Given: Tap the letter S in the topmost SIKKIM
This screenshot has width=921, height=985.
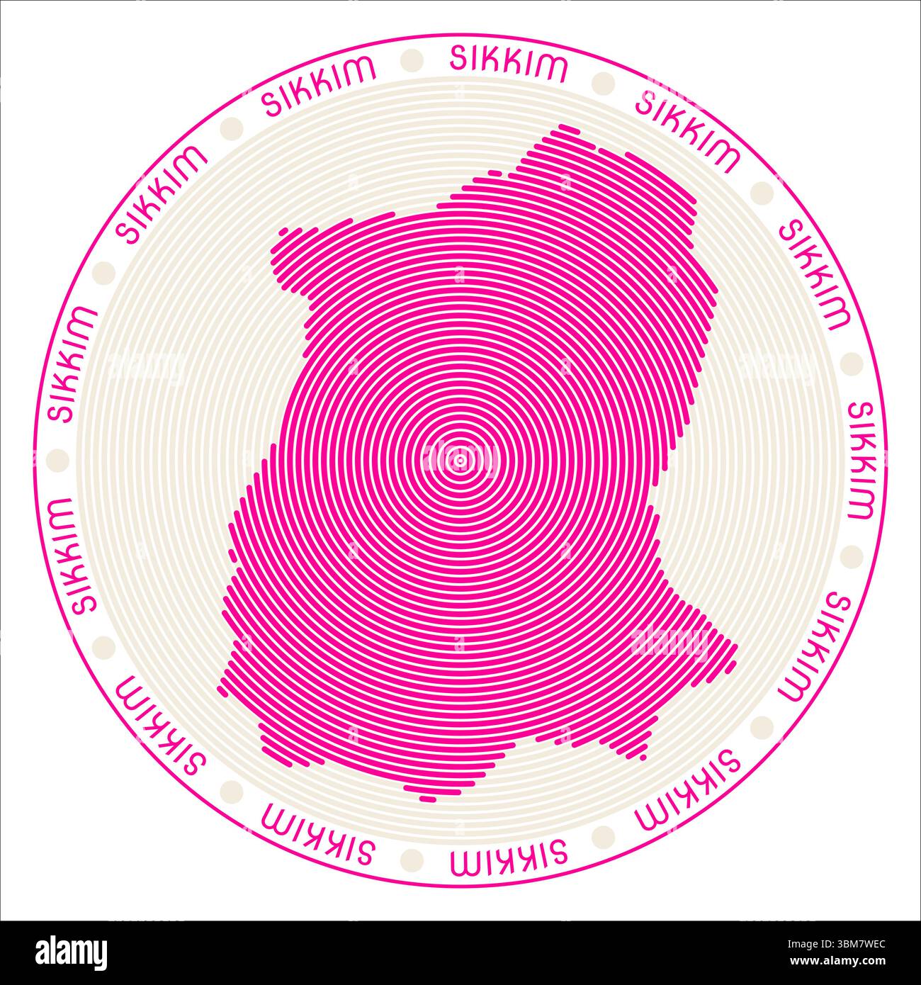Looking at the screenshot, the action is pos(458,59).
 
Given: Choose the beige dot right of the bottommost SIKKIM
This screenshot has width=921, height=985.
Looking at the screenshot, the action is pos(604,832).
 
